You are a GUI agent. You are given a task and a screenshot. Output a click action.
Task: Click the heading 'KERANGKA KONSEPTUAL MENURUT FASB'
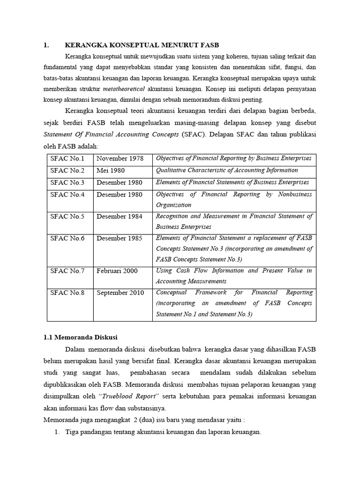point(142,45)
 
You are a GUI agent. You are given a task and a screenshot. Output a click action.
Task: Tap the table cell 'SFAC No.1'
point(67,159)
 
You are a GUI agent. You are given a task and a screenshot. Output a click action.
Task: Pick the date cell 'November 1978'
point(120,159)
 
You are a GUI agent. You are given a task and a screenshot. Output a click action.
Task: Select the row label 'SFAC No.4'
point(67,195)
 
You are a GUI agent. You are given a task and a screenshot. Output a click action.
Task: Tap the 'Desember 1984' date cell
point(120,217)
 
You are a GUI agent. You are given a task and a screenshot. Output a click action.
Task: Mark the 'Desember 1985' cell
point(120,239)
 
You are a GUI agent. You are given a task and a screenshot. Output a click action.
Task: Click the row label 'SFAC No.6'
point(67,239)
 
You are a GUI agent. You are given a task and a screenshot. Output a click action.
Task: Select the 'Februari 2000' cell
point(117,271)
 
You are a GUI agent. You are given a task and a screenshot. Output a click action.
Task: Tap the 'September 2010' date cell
point(120,293)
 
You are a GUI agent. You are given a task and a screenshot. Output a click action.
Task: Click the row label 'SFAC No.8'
point(67,293)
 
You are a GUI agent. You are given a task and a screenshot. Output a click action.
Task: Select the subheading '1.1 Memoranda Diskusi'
point(80,337)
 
